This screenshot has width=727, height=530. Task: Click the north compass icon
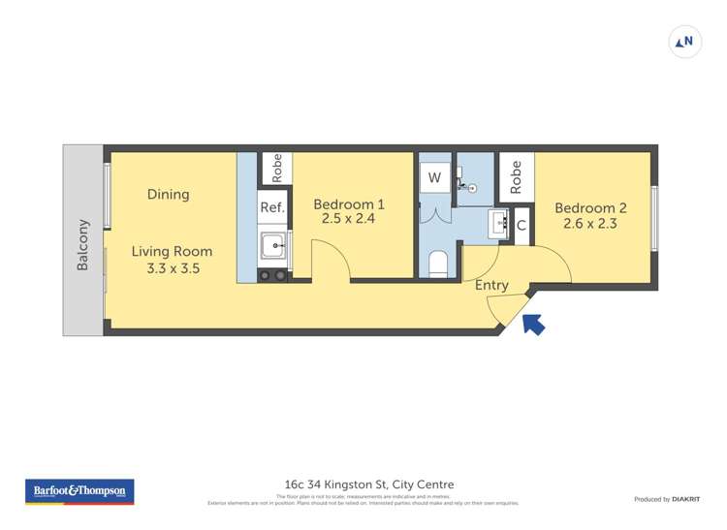tap(684, 42)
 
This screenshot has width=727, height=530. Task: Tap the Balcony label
tap(82, 244)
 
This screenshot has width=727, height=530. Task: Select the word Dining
tap(168, 195)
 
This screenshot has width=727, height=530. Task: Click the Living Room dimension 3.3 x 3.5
tap(173, 268)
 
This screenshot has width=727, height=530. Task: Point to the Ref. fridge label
tap(272, 207)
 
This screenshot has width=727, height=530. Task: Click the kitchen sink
tap(273, 246)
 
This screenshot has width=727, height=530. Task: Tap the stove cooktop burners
tap(272, 275)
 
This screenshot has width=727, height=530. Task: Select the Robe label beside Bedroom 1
tap(276, 169)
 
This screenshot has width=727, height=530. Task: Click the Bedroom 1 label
tap(349, 204)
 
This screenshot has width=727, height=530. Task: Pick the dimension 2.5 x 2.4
tap(349, 220)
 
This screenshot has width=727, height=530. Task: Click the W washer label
tap(434, 177)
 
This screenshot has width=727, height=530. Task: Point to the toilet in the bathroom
tap(437, 264)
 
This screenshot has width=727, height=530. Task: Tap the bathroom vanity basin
tap(500, 223)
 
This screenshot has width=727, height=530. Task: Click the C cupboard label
tap(522, 225)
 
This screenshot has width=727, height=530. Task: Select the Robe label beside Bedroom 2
tap(516, 174)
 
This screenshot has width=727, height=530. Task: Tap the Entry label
tap(491, 285)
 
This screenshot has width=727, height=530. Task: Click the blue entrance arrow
tap(533, 325)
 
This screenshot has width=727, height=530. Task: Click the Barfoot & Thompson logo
tap(79, 491)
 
